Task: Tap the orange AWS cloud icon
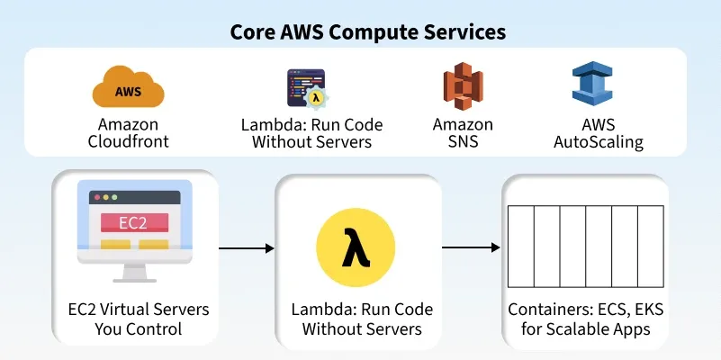pyautogui.click(x=129, y=90)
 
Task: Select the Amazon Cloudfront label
pyautogui.click(x=129, y=133)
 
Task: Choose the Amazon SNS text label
pyautogui.click(x=463, y=133)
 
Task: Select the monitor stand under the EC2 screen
pyautogui.click(x=133, y=270)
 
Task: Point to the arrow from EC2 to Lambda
pyautogui.click(x=245, y=247)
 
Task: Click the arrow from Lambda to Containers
pyautogui.click(x=471, y=247)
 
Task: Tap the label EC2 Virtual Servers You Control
pyautogui.click(x=139, y=319)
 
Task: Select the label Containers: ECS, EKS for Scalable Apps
pyautogui.click(x=585, y=319)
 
